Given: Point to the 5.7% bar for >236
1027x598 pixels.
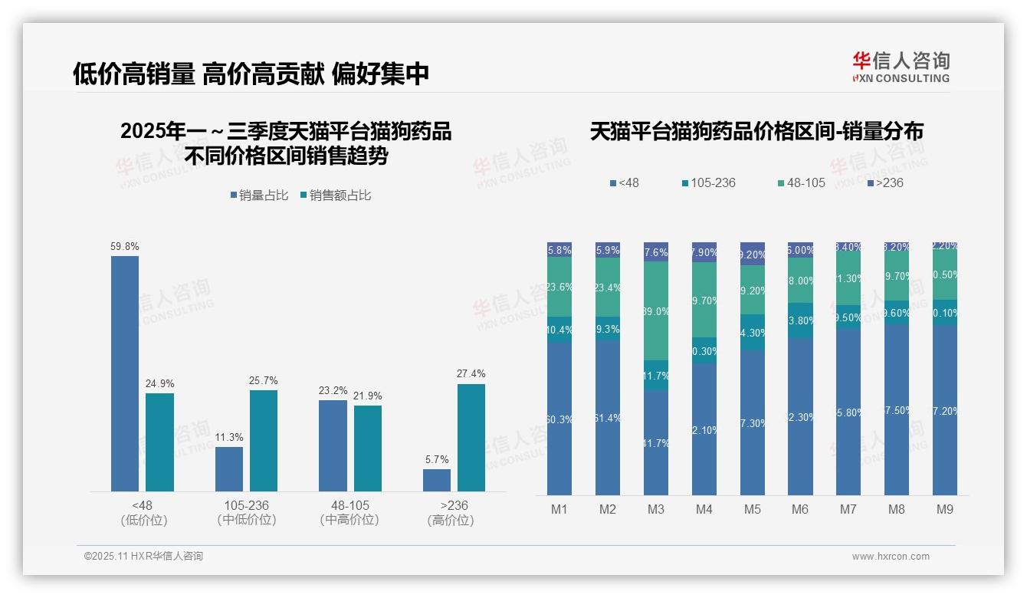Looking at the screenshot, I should tap(437, 480).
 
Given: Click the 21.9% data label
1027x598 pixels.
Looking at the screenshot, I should tap(368, 396).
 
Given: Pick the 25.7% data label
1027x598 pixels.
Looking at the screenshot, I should tap(264, 380).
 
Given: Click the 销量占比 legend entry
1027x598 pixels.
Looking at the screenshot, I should tap(259, 195).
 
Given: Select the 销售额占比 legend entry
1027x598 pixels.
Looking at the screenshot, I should tap(336, 195).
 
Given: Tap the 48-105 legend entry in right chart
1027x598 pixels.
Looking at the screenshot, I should tap(801, 182).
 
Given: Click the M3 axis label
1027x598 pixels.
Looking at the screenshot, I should tap(656, 509).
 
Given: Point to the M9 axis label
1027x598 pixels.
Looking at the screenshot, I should tap(945, 509).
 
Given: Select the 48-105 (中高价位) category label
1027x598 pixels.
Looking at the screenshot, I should tap(349, 512).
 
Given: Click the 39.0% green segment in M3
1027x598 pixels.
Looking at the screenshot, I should tap(656, 311).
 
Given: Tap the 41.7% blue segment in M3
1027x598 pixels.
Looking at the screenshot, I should tap(656, 443).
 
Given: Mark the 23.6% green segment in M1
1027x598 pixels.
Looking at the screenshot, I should tap(559, 287).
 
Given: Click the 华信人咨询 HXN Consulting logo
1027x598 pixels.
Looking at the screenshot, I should tap(901, 67).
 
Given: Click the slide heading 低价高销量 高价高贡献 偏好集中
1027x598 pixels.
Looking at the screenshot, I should tap(251, 74).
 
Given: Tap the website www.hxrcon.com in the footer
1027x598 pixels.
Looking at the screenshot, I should tap(891, 557).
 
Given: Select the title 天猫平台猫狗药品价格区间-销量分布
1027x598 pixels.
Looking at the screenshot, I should tap(756, 131).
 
